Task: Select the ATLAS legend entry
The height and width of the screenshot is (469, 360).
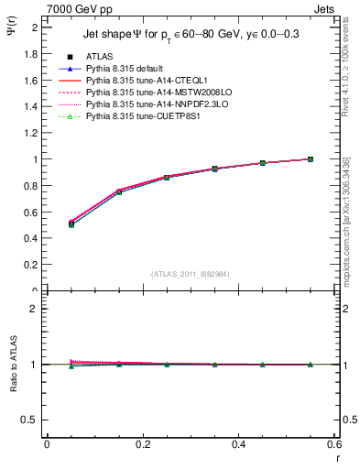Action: pos(101,56)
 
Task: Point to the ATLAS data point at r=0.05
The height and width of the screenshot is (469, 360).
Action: pos(71,224)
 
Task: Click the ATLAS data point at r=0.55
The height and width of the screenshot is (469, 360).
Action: pos(311,159)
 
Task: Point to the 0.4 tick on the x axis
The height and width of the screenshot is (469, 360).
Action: pos(238,444)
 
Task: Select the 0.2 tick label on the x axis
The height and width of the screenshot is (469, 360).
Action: pos(142,444)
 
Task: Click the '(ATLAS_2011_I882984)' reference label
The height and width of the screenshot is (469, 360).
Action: pos(191,274)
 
